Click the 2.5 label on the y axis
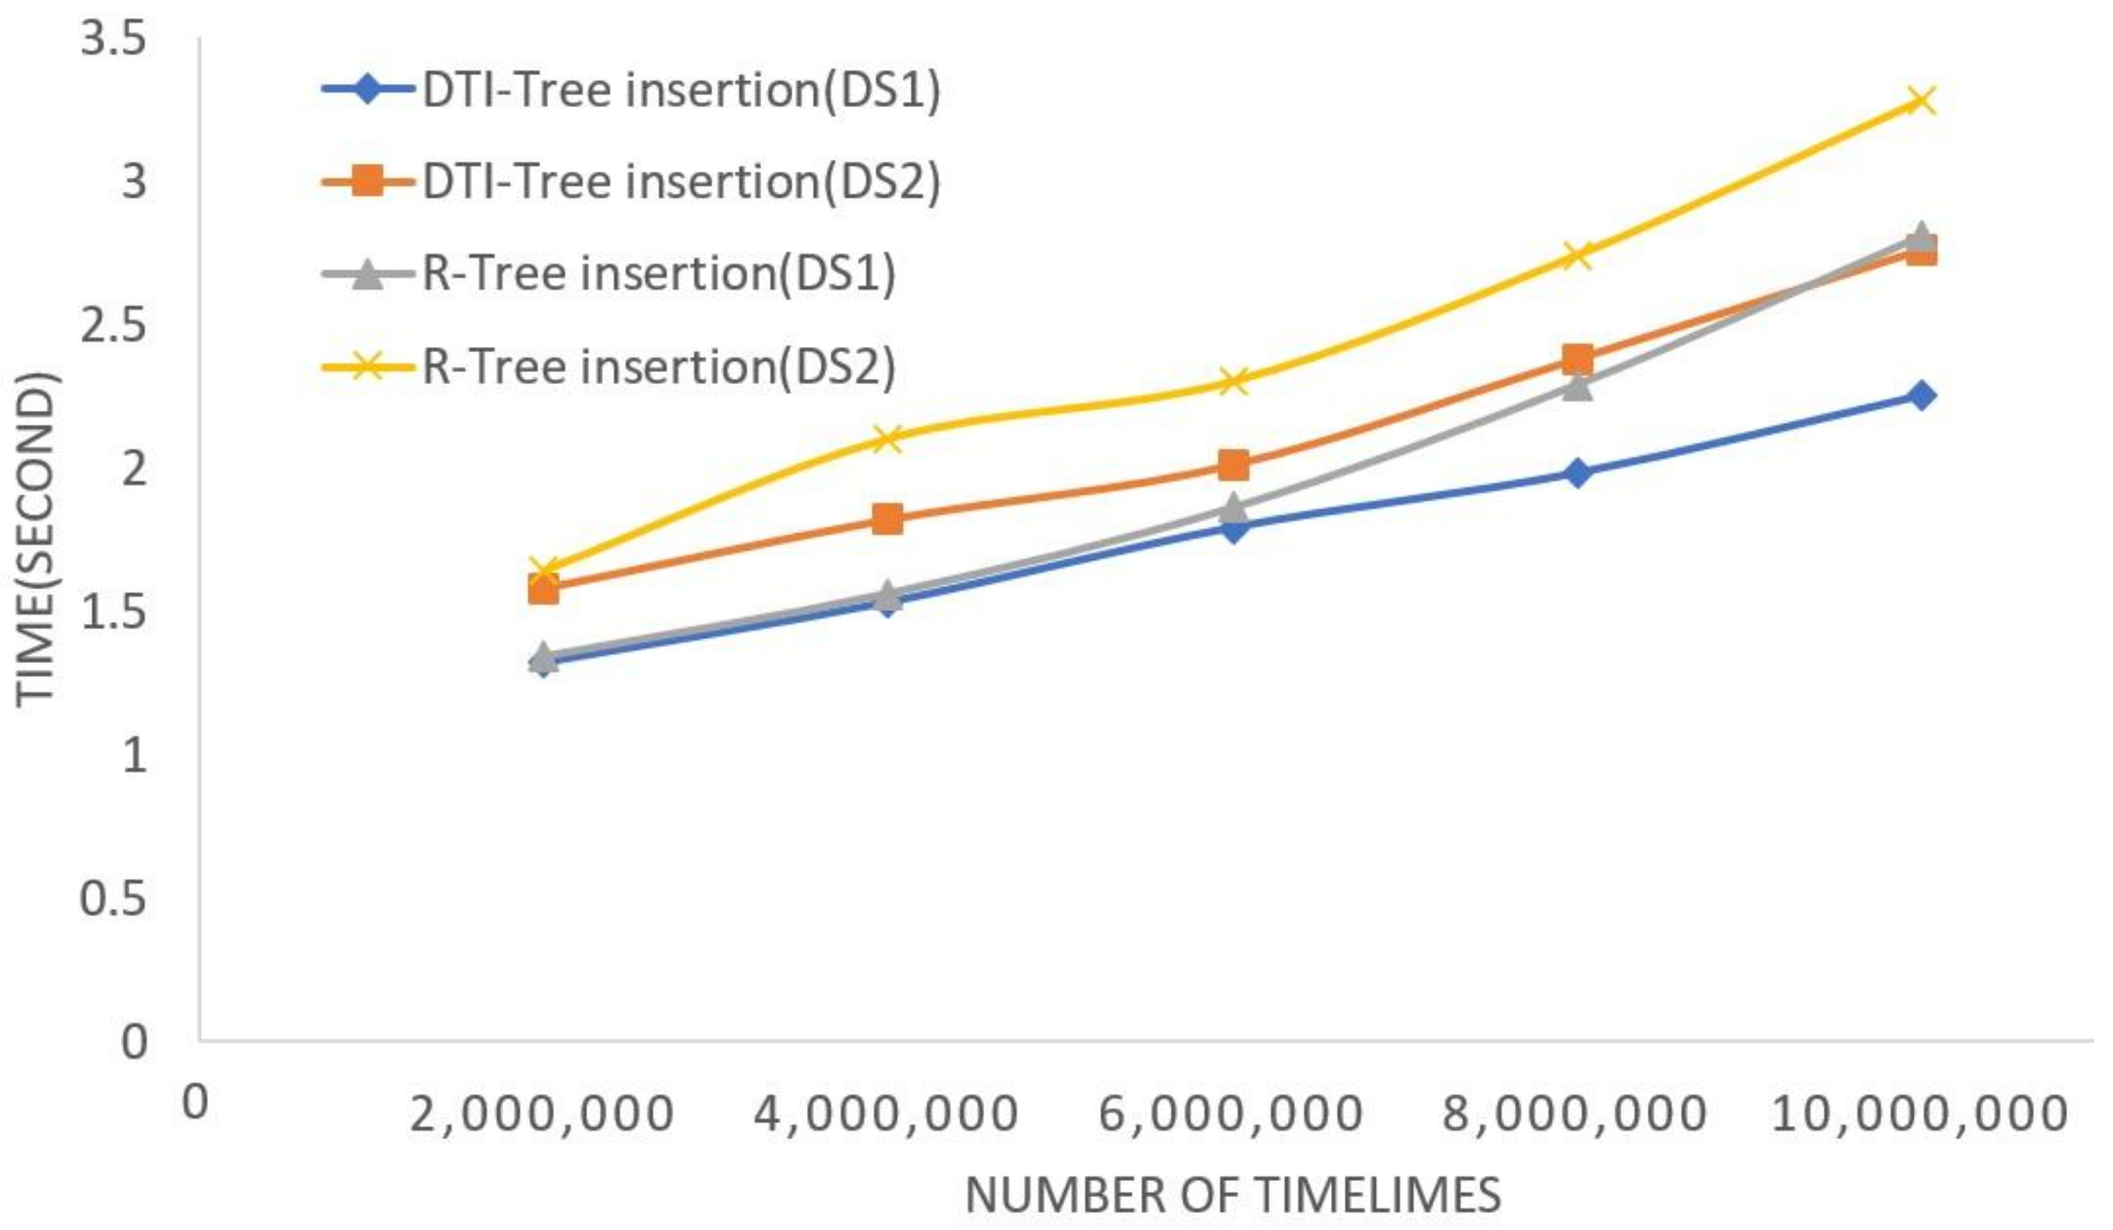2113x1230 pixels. [112, 326]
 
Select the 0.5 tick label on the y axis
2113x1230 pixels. [112, 899]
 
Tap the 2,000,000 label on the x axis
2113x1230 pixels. [541, 1113]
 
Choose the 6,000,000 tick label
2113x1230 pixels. [1230, 1113]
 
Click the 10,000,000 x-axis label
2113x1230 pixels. [1919, 1113]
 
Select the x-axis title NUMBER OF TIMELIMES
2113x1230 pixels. [1233, 1195]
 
